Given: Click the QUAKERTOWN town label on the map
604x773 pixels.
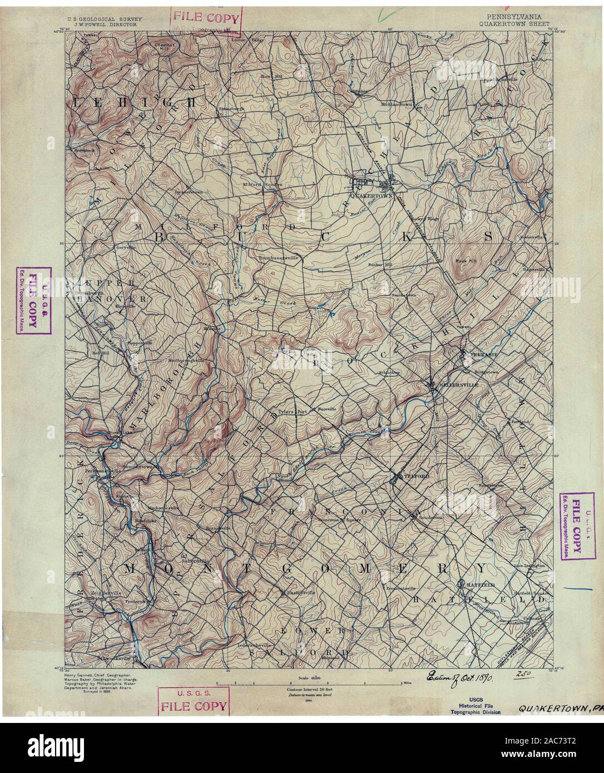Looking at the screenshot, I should tap(364, 196).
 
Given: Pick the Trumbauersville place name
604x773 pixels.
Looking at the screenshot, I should tap(279, 258).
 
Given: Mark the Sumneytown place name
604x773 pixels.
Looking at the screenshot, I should tap(138, 467).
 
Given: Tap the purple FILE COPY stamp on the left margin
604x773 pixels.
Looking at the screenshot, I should tap(33, 301).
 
